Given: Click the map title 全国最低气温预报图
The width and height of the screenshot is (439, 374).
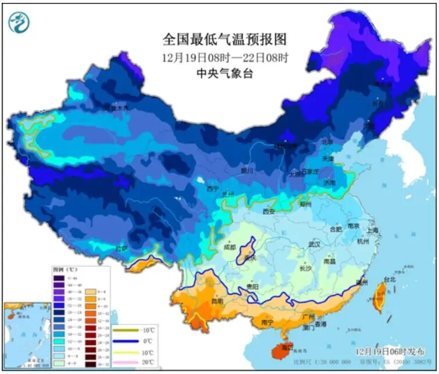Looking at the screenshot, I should [225, 40].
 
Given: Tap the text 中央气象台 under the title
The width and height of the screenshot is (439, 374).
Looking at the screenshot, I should [225, 74].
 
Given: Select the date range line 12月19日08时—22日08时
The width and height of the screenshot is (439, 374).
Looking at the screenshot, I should [225, 57].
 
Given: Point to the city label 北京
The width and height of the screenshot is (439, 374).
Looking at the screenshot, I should [327, 142].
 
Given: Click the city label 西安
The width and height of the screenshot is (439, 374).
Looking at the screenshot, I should [269, 211].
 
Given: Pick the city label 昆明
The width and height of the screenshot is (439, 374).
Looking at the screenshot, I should [217, 302].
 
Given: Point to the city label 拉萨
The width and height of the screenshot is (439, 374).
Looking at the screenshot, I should [121, 249].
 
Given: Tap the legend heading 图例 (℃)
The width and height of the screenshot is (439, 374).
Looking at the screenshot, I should [62, 270].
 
